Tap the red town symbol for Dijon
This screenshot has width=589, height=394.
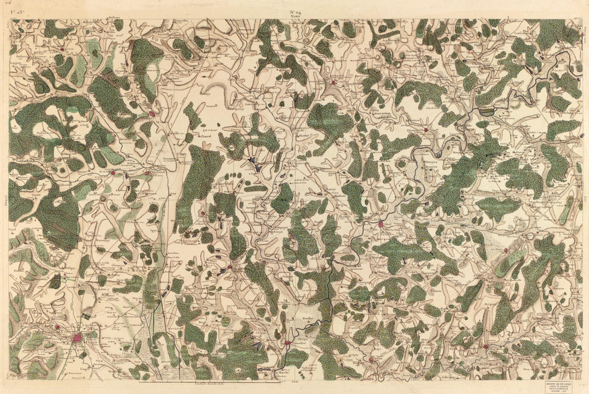pos(78,338)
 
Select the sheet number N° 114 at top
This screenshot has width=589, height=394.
pos(296,12)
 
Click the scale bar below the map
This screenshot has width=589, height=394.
pos(209,382)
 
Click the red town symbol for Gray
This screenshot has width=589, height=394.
pos(381,224)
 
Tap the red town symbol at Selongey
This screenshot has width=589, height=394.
pos(152,114)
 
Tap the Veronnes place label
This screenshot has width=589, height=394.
pos(170,159)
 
